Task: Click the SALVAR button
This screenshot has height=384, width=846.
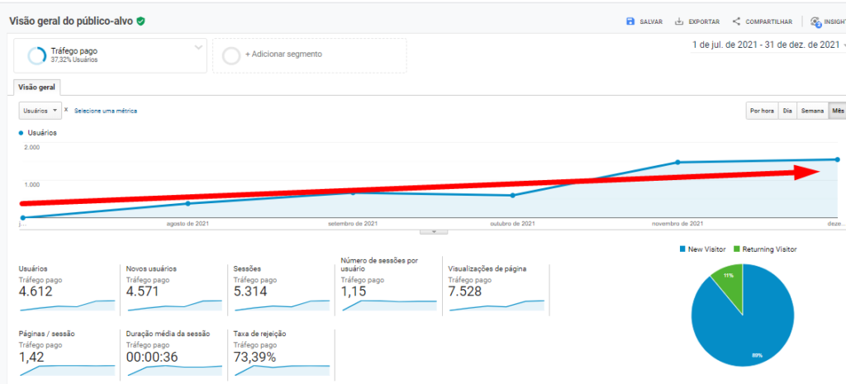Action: pyautogui.click(x=644, y=21)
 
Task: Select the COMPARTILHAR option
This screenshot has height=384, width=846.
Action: pyautogui.click(x=763, y=21)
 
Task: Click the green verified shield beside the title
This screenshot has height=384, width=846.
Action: pyautogui.click(x=140, y=21)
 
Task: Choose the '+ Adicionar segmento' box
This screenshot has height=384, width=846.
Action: pyautogui.click(x=309, y=55)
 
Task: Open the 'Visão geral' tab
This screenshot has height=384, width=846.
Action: pyautogui.click(x=38, y=87)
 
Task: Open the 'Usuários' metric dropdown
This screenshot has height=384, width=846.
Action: pyautogui.click(x=40, y=110)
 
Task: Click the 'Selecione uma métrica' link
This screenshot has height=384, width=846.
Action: pyautogui.click(x=106, y=111)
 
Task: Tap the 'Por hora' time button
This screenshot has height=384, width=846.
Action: pyautogui.click(x=762, y=111)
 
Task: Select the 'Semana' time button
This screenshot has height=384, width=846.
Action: pyautogui.click(x=812, y=111)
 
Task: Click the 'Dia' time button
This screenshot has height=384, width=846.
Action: pyautogui.click(x=787, y=111)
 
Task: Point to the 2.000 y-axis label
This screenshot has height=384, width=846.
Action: pyautogui.click(x=32, y=148)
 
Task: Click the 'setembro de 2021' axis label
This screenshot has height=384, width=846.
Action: pyautogui.click(x=353, y=224)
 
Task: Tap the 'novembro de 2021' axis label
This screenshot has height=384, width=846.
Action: pyautogui.click(x=677, y=224)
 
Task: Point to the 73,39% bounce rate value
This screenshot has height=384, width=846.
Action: pyautogui.click(x=254, y=357)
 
